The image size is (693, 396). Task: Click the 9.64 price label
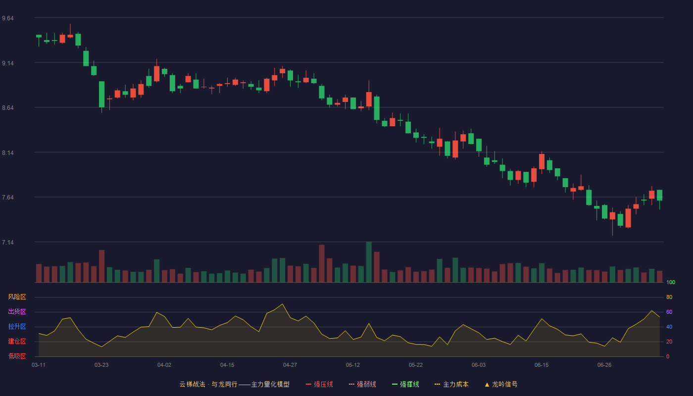(8, 18)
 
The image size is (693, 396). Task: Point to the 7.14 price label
(8, 242)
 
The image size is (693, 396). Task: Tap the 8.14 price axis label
(8, 153)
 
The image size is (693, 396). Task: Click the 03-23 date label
(101, 365)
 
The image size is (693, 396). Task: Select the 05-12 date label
(353, 365)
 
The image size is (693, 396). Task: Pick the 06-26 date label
(604, 365)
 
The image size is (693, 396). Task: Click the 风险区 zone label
(17, 297)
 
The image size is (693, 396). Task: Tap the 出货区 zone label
(17, 311)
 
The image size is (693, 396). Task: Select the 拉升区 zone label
(17, 326)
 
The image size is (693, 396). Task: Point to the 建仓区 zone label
(17, 341)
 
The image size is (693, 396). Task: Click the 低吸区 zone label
(17, 356)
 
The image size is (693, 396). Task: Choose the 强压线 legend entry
(319, 384)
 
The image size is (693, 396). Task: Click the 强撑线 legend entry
(405, 384)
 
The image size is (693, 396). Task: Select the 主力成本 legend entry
(451, 384)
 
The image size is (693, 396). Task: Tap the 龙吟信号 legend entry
(501, 384)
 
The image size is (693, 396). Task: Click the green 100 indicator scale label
(671, 282)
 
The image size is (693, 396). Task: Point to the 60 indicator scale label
(669, 312)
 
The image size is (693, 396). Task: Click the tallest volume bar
(369, 262)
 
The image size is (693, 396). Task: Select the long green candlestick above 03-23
(102, 95)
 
